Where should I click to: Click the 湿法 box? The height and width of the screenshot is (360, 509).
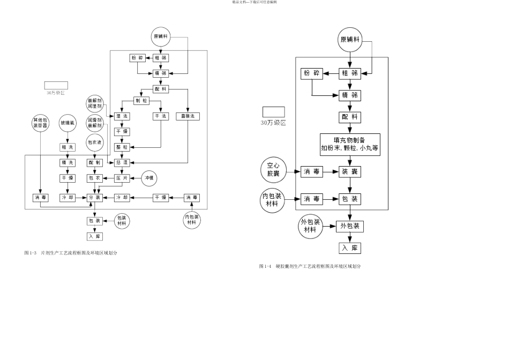tap(122, 116)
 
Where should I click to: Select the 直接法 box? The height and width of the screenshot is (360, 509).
tap(188, 116)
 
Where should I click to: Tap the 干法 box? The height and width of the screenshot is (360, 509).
tap(161, 116)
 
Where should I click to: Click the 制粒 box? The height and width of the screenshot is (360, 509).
tap(141, 101)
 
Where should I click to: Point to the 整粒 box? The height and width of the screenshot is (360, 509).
tap(122, 147)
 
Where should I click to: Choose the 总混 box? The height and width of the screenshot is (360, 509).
tap(122, 162)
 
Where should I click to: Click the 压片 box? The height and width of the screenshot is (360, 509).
tap(122, 178)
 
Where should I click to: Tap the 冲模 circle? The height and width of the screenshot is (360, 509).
tap(151, 178)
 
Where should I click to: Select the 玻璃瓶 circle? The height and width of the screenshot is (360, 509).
tap(68, 123)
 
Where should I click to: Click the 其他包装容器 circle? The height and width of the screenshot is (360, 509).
tap(41, 123)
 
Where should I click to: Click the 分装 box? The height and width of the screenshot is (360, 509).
tap(95, 198)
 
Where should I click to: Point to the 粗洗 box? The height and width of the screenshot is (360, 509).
tap(68, 147)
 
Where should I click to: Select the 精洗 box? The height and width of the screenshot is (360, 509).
tap(68, 162)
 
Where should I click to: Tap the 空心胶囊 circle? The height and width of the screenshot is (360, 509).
tap(273, 171)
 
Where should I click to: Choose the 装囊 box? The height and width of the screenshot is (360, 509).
tap(349, 171)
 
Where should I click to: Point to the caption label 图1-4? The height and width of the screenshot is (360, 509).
tap(265, 266)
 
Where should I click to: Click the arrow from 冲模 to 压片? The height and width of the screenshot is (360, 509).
tap(136, 178)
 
